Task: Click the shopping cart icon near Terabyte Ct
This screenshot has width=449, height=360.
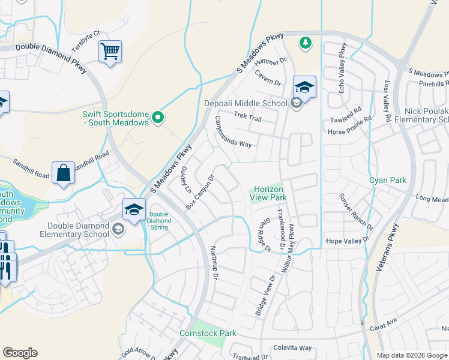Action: pos(110,52)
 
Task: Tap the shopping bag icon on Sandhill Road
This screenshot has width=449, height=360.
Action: pos(63,173)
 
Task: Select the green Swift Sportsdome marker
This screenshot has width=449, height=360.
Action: pos(158,118)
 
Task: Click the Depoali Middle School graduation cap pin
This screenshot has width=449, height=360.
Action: pos(304,87)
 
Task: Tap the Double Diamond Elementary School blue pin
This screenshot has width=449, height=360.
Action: pos(134,209)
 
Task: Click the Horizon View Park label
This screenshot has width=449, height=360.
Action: pos(269,193)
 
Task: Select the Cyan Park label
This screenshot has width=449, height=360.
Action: pos(387,180)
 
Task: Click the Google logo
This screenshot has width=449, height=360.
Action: pos(20,353)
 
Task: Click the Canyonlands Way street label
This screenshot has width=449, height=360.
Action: pos(233,132)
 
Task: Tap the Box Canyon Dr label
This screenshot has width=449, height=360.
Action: pos(200,192)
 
